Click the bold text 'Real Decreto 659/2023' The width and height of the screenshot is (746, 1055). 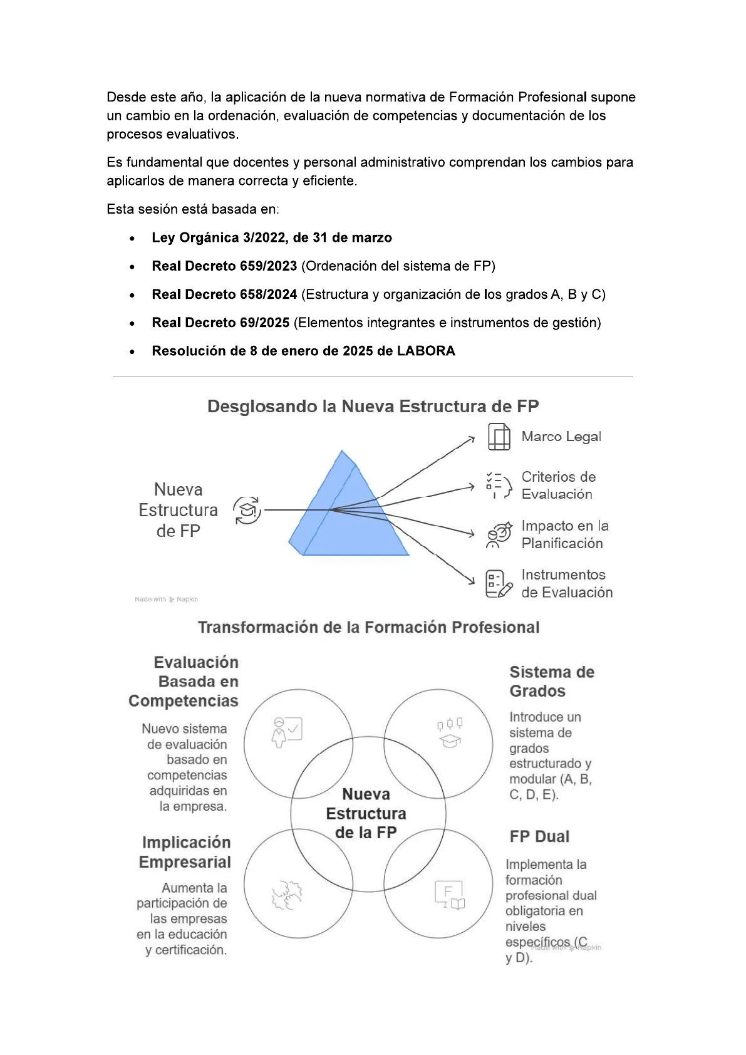224,266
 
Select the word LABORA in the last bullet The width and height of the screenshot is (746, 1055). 426,351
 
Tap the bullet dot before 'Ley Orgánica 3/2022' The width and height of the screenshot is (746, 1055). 132,239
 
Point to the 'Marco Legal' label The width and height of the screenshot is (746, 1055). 561,437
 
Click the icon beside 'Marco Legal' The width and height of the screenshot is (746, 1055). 499,437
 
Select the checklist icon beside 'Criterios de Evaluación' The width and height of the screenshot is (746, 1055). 499,485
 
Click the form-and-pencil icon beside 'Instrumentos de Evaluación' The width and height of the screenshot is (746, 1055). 499,584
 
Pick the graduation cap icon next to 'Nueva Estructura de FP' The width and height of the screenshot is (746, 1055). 247,511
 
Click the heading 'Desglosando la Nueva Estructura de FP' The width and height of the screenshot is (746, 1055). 373,407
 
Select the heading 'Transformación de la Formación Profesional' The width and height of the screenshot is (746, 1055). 369,628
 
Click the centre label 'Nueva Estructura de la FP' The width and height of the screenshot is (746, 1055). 366,813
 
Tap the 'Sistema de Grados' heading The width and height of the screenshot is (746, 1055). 551,682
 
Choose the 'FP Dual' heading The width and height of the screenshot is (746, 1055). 539,837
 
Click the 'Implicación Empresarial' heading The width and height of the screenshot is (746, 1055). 185,852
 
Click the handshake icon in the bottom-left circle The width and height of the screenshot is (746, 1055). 288,895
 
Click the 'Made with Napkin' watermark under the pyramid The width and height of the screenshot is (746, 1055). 166,600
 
